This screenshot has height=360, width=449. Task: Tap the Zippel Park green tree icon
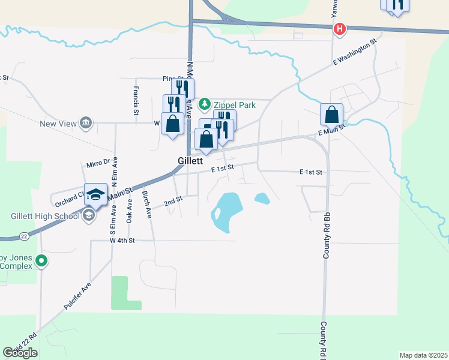pyautogui.click(x=205, y=104)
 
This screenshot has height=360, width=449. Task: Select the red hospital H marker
pyautogui.click(x=339, y=28)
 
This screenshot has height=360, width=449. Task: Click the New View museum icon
pyautogui.click(x=85, y=124)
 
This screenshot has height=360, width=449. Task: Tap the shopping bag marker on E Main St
pyautogui.click(x=331, y=115)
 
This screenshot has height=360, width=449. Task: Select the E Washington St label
pyautogui.click(x=354, y=53)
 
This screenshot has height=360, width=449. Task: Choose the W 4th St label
pyautogui.click(x=122, y=241)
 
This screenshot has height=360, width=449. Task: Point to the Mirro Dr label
pyautogui.click(x=98, y=162)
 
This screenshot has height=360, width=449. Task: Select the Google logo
pyautogui.click(x=20, y=353)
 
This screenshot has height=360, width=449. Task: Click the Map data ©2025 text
pyautogui.click(x=423, y=355)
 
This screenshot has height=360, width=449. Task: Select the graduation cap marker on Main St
pyautogui.click(x=95, y=194)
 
